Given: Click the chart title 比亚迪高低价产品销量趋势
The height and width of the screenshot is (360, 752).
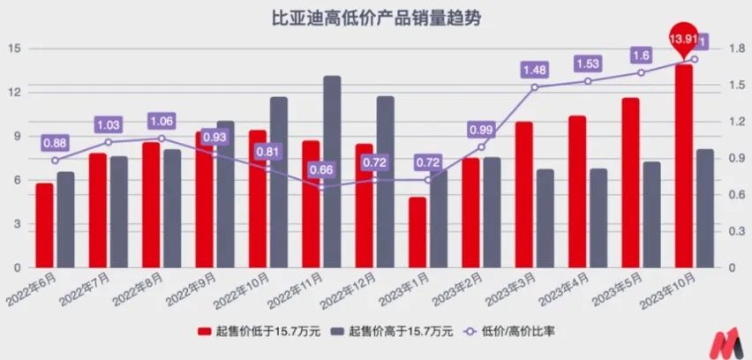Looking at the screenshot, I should point(375,18).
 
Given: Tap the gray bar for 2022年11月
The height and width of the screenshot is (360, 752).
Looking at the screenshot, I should point(332,172).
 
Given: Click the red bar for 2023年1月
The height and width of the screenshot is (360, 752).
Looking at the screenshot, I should point(417,232).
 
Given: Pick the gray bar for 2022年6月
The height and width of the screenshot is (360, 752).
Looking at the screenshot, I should point(65,220).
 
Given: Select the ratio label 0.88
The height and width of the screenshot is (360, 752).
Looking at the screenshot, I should point(55,143).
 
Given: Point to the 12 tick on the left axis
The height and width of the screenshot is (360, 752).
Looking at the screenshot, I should point(15,93).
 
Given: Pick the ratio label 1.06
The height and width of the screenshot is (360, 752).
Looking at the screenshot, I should point(162,121).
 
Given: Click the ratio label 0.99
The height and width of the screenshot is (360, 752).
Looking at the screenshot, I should point(481,131).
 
